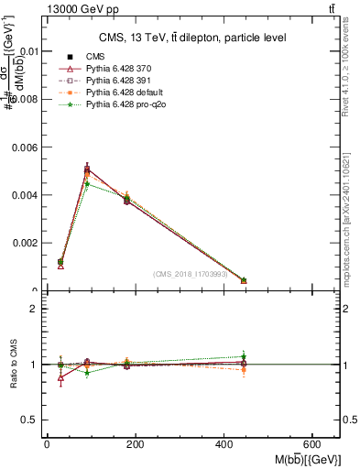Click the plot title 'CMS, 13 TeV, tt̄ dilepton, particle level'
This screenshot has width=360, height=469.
click(x=193, y=38)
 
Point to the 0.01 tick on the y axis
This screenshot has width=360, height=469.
click(x=30, y=51)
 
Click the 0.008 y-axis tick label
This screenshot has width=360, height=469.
click(x=27, y=100)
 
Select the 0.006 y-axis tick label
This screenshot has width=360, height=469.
click(x=27, y=147)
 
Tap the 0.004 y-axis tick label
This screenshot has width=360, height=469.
click(x=27, y=195)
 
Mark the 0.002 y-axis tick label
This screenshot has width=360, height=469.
click(x=27, y=244)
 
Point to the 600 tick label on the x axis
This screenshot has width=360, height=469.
click(x=312, y=444)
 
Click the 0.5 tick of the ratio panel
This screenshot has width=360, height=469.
click(x=33, y=420)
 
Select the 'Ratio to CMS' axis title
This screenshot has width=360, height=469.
click(x=13, y=365)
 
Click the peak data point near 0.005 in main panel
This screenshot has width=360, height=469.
click(x=87, y=169)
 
